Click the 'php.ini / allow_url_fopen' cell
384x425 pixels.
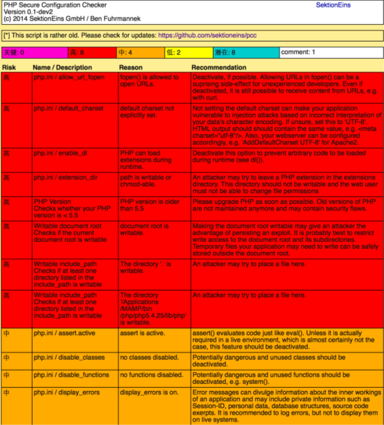coord(69,77)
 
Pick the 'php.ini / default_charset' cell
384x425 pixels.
coord(68,109)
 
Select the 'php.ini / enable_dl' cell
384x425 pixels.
coord(60,154)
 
